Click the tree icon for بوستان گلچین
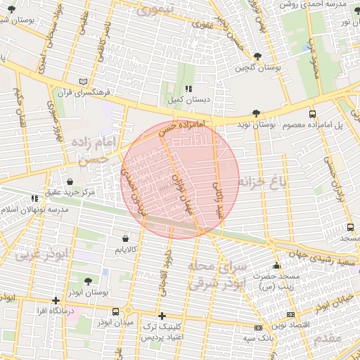click(x=258, y=56)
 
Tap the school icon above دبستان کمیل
click(x=188, y=89)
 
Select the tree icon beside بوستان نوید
click(x=256, y=113)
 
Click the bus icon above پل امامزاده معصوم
click(x=312, y=113)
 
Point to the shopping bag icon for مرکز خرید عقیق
click(x=70, y=181)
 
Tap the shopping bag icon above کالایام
click(x=126, y=238)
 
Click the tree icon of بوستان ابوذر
click(x=88, y=281)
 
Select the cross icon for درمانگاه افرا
click(x=56, y=300)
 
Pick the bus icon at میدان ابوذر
click(x=115, y=311)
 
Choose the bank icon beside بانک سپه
click(x=258, y=328)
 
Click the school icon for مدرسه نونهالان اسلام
click(x=35, y=199)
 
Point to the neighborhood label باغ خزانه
click(x=264, y=184)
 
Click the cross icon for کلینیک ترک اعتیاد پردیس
click(x=162, y=316)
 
